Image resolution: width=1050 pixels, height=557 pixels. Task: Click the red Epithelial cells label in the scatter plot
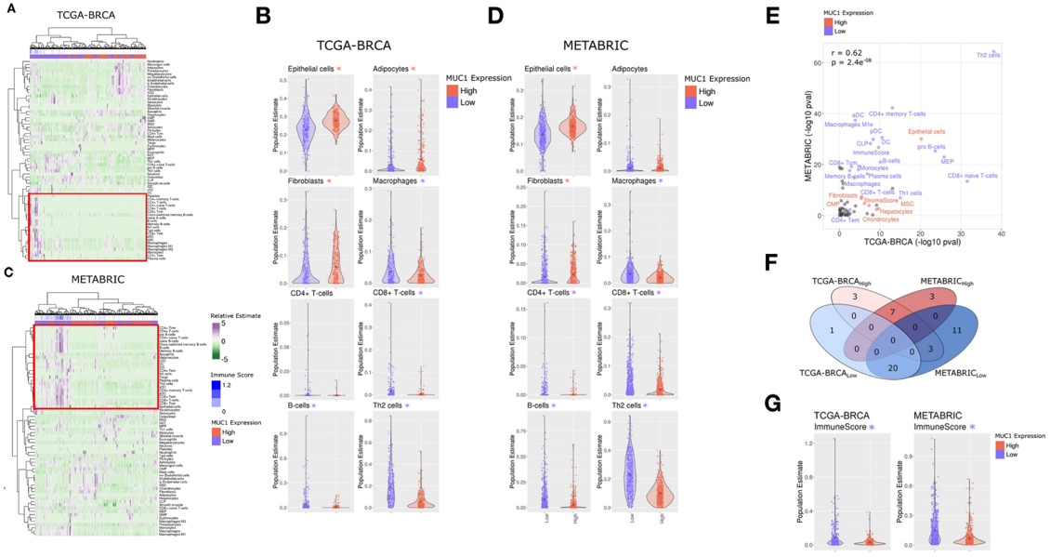tap(926, 132)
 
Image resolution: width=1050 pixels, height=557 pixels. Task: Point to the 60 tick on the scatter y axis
tap(818, 63)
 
